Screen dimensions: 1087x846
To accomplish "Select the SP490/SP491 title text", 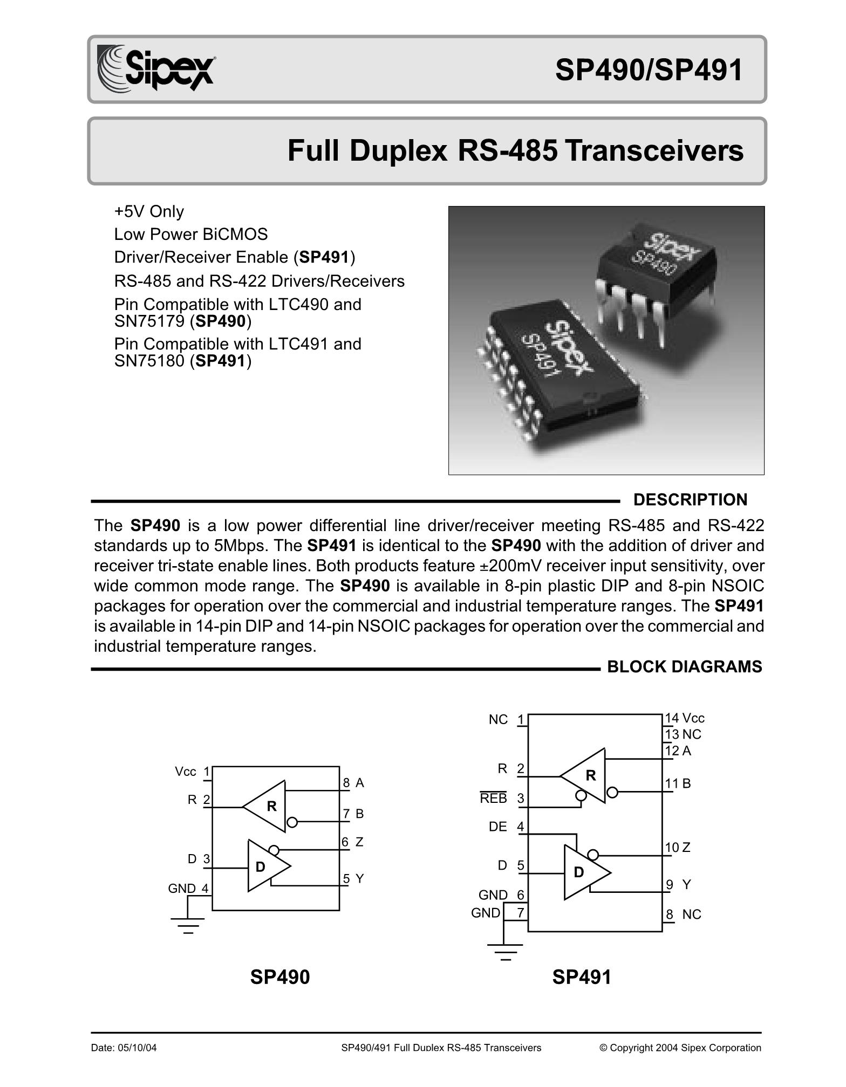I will click(x=649, y=70).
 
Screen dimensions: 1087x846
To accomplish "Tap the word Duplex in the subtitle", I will click(x=398, y=151).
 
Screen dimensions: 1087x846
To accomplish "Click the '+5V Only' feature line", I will click(x=149, y=211).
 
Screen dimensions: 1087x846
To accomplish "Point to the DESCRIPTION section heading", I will click(x=690, y=500).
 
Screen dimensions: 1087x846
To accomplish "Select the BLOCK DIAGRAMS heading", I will click(x=684, y=667).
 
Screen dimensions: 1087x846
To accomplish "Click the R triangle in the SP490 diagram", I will click(x=267, y=806).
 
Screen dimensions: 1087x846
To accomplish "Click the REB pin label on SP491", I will click(x=494, y=799).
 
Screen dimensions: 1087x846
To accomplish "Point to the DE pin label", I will click(x=497, y=827).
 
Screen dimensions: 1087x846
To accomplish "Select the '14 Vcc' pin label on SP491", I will click(x=685, y=718).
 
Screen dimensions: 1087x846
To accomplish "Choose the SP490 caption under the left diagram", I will click(x=280, y=977).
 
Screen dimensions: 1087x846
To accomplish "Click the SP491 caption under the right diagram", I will click(x=582, y=977).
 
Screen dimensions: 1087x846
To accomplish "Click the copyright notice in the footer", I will click(x=680, y=1048).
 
